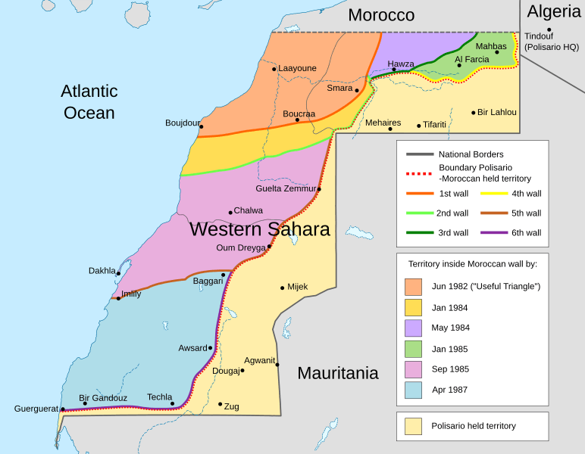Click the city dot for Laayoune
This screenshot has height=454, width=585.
(274, 69)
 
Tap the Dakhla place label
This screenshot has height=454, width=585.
(102, 270)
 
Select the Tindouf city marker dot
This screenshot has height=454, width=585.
(549, 30)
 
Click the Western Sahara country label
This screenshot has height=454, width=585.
(259, 229)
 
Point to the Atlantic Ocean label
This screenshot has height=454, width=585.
(89, 102)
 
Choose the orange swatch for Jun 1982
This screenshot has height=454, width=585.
(414, 287)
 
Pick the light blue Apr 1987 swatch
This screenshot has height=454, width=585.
(414, 390)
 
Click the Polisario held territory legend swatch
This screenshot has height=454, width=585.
(414, 426)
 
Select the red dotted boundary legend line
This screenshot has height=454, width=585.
(419, 173)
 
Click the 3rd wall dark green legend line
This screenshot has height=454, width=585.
(419, 233)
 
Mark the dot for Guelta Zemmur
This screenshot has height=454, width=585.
(319, 189)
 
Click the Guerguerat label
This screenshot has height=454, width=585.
(36, 409)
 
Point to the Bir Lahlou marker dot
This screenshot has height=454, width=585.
(474, 113)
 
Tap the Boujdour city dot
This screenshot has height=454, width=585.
(201, 126)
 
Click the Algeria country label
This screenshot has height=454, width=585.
(554, 11)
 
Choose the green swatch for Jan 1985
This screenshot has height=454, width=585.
(414, 349)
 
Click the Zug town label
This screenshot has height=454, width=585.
(231, 406)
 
